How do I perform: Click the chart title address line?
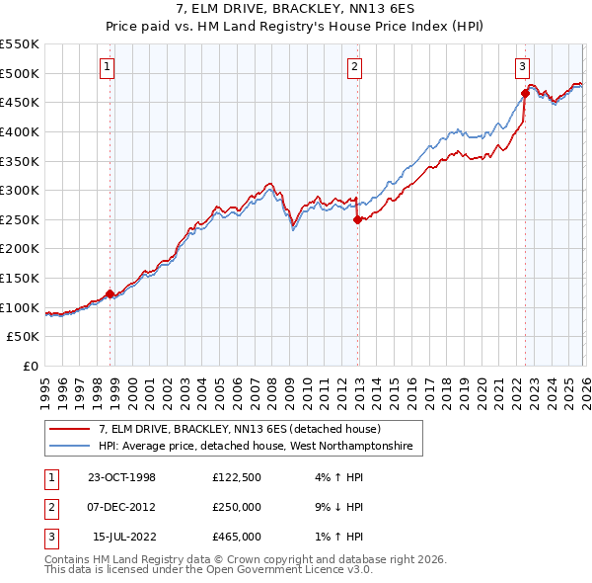[295, 10]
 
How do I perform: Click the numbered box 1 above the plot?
[107, 67]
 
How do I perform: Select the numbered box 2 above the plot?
[354, 67]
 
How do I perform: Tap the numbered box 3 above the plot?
[521, 67]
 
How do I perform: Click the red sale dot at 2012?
[357, 220]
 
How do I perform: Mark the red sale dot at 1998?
[110, 293]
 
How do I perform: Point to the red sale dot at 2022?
[525, 94]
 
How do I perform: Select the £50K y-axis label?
[24, 337]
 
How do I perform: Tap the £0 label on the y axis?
[30, 367]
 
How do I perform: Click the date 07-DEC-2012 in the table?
[121, 507]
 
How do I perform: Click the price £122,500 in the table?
[237, 477]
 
